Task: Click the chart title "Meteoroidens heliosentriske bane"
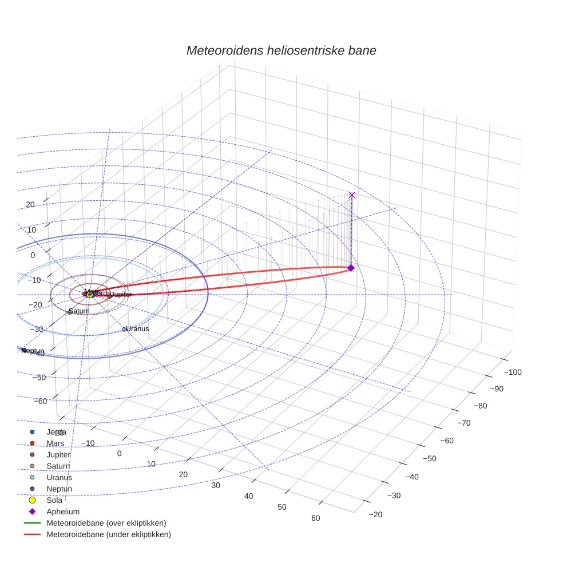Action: (x=281, y=50)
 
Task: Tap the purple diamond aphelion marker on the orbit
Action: (x=351, y=268)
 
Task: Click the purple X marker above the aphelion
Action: (x=351, y=195)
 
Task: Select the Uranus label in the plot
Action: (x=137, y=329)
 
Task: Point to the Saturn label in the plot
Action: (x=79, y=311)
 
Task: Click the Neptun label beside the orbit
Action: (x=33, y=350)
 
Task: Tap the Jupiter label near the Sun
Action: (x=121, y=294)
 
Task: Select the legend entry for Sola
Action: (x=54, y=500)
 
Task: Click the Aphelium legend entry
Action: (x=63, y=512)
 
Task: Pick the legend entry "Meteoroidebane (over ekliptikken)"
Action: (x=106, y=523)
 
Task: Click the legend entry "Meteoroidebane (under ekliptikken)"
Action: (x=109, y=534)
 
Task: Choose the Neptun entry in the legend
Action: (x=59, y=489)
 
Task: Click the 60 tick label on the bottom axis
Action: (x=315, y=518)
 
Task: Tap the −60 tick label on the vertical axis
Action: (x=40, y=401)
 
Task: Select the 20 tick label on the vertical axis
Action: (x=30, y=205)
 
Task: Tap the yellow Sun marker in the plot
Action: (x=90, y=295)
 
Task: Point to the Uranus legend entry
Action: (x=59, y=477)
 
